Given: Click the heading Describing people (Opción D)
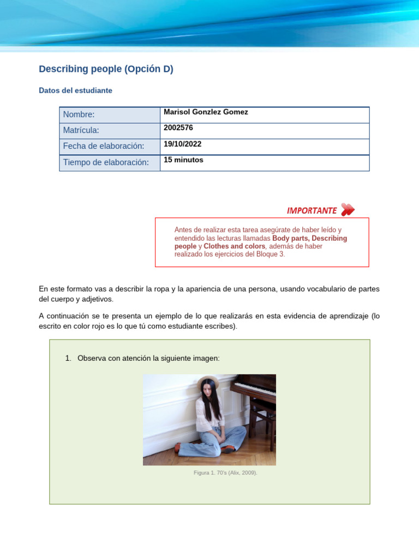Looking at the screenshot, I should (106, 69).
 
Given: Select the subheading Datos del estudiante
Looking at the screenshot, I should (75, 90).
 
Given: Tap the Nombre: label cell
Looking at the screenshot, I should (79, 114).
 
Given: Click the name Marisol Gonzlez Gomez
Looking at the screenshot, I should (206, 112).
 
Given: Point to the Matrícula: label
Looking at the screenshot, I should (81, 130).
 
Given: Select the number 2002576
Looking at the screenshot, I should (178, 128).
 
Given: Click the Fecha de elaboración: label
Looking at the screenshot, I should (103, 146).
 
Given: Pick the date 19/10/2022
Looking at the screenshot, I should (182, 144).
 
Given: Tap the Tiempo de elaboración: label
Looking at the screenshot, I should (105, 162).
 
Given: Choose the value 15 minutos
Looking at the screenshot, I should (183, 160).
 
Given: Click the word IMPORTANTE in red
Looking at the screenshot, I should (312, 210).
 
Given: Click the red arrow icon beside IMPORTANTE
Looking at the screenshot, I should (348, 210).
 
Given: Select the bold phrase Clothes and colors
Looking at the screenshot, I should (235, 246).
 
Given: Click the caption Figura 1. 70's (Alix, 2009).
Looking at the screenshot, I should (225, 472).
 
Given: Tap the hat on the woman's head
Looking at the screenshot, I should (208, 380).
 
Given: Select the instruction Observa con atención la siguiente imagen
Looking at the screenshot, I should (148, 358).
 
